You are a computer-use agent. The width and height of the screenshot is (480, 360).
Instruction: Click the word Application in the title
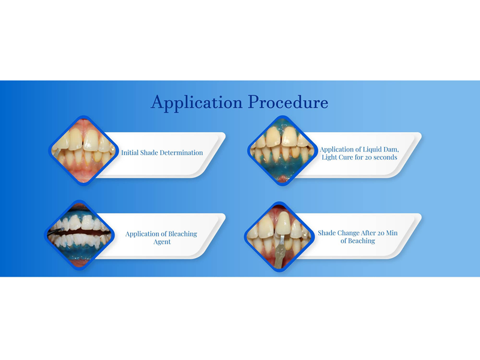click(197, 102)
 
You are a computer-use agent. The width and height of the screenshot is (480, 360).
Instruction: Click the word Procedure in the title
click(288, 101)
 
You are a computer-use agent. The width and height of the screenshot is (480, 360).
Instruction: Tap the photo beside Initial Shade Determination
click(83, 151)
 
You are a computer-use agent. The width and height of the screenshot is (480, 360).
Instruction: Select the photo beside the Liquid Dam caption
click(283, 151)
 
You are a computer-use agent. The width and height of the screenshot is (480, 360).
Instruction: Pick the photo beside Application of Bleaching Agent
click(79, 235)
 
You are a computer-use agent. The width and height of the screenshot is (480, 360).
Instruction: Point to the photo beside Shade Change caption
click(280, 236)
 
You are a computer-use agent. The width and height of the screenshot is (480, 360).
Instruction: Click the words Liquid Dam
click(381, 149)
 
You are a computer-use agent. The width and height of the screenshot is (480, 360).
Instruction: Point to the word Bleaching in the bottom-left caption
click(182, 234)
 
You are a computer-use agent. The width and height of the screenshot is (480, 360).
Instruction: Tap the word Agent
click(162, 242)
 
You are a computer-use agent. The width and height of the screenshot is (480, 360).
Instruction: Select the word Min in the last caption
click(392, 233)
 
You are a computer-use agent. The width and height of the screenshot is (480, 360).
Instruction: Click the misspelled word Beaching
click(362, 241)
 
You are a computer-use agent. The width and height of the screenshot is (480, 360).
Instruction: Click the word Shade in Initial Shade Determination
click(149, 152)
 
